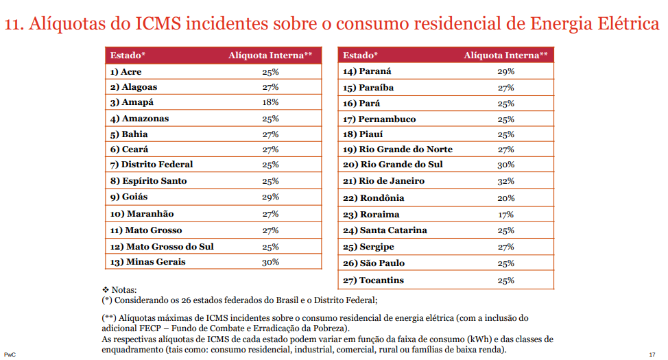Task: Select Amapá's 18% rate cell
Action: tap(270, 102)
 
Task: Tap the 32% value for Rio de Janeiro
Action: tap(506, 181)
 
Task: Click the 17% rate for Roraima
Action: tap(506, 215)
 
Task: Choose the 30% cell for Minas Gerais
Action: tap(270, 262)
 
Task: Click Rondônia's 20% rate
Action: tap(506, 198)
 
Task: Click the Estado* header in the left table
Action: tap(128, 55)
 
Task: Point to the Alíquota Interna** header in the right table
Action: tap(505, 55)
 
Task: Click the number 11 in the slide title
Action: tap(12, 25)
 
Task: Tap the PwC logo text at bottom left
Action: tap(9, 354)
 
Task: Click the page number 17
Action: tap(652, 354)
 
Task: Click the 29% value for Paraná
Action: tap(506, 71)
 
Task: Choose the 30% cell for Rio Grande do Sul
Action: tap(506, 165)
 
